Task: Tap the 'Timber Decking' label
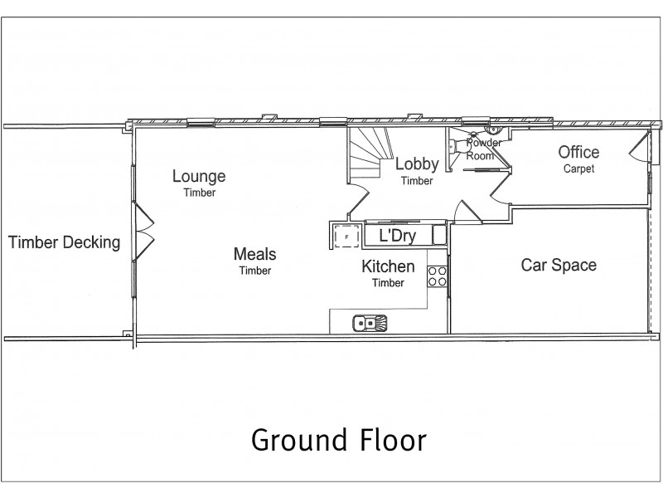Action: [x=64, y=243]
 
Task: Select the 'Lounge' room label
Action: [x=199, y=176]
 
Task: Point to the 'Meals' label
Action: [x=254, y=254]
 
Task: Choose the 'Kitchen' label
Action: [x=388, y=267]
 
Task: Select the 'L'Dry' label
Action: [x=397, y=236]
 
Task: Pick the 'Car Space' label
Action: [x=558, y=266]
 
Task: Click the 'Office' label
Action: [x=578, y=153]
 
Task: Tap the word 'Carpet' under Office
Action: [x=578, y=168]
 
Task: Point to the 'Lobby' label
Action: [x=416, y=164]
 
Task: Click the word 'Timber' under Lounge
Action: [x=199, y=193]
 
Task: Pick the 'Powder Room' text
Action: [x=483, y=149]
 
